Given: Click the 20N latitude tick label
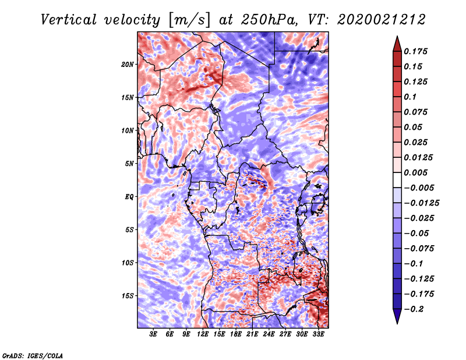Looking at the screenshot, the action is tap(127, 64).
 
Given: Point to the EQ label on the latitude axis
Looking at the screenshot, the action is tap(129, 197).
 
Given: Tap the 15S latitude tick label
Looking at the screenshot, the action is tap(128, 296).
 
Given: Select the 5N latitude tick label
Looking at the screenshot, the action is tap(129, 164).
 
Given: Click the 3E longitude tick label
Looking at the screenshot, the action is tap(153, 334).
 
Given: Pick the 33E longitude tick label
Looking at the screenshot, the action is tap(318, 334).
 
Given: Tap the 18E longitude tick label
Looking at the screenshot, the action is tap(236, 334).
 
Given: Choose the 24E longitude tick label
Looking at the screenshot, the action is tap(269, 334).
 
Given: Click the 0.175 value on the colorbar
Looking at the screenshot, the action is tap(415, 51).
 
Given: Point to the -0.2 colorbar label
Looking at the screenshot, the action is tap(414, 309).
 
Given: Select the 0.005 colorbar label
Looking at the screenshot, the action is tap(415, 172).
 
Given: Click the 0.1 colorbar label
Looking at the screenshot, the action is tap(410, 97).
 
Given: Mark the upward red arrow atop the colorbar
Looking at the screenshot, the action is tap(397, 44).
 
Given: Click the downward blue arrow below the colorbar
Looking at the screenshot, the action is tap(397, 316).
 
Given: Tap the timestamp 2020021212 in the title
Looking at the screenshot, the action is tap(382, 20).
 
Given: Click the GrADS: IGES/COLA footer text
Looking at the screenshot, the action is tap(33, 355).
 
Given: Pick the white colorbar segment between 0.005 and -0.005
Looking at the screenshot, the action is tap(397, 180).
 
